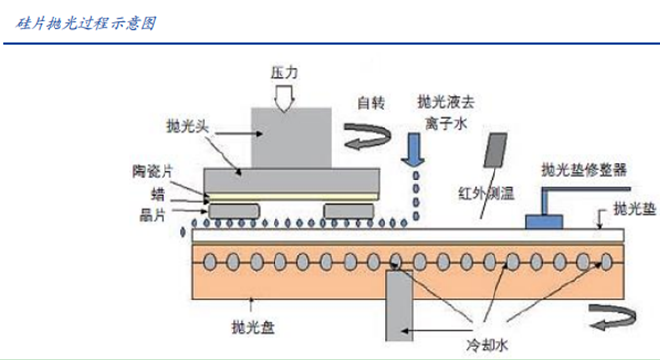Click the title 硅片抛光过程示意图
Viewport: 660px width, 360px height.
86,23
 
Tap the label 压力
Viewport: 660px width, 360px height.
284,73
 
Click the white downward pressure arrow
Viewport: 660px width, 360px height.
284,98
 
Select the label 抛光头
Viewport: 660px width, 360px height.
187,126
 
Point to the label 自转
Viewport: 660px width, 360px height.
371,103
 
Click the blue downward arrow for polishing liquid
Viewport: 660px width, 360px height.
413,149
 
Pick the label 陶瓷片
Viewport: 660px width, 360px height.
153,171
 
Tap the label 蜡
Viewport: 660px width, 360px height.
158,194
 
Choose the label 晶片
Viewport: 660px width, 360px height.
153,215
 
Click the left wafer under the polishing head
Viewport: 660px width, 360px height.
234,211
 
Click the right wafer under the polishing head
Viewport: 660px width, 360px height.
349,211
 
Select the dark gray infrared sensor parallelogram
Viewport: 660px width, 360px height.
495,150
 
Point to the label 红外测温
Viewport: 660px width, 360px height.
487,194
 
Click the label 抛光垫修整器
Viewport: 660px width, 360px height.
585,170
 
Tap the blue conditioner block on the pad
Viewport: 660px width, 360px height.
544,222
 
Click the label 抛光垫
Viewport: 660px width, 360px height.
635,209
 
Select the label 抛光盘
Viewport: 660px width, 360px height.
253,327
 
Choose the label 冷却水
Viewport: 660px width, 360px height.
487,346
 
